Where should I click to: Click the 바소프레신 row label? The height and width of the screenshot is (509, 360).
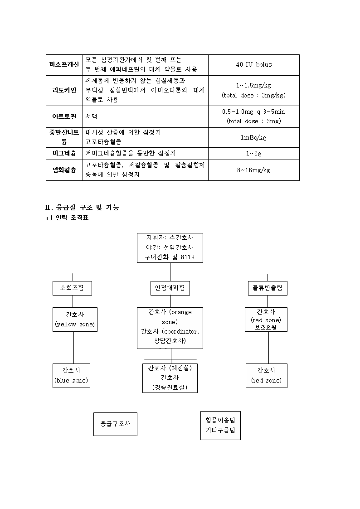64,65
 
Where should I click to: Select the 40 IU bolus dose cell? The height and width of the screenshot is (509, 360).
254,65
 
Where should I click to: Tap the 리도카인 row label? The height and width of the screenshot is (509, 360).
64,90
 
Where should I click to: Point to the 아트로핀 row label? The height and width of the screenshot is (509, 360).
64,116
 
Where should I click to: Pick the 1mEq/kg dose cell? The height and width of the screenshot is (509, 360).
253,137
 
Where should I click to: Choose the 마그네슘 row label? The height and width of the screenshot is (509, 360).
64,153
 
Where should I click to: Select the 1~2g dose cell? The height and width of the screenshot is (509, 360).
253,153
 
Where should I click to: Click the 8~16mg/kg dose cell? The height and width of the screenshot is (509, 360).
253,170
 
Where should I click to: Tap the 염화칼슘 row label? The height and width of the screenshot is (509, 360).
64,170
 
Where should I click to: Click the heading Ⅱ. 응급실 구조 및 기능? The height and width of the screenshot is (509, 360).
82,208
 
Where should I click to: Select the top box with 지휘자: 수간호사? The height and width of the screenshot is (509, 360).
170,247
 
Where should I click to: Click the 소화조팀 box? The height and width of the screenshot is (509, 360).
73,288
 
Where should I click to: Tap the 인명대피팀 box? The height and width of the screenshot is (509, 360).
170,288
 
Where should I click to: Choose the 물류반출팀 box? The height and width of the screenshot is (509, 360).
268,288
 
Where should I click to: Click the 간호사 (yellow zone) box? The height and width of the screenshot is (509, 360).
75,320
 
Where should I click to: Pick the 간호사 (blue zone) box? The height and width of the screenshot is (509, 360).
72,376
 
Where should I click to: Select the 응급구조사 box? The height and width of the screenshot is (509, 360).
115,424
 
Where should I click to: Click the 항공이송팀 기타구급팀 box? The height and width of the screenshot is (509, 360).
220,426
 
